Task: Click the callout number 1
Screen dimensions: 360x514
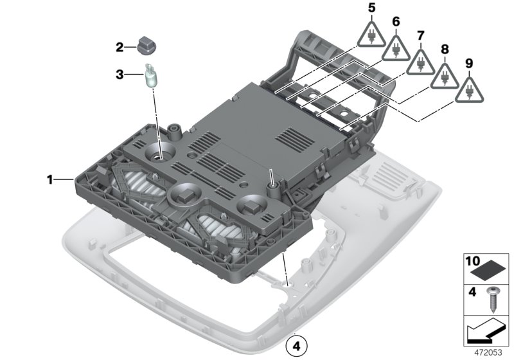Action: pos(49,180)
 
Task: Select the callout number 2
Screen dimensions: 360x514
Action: pos(120,47)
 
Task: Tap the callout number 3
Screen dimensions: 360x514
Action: pos(120,75)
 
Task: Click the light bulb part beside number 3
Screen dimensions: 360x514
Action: pos(152,76)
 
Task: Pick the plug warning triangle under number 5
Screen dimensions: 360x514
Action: pos(371,35)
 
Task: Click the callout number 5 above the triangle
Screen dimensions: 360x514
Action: pos(371,8)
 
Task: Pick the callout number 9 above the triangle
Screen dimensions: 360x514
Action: pos(468,64)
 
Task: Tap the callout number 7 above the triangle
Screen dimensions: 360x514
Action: pos(420,35)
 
